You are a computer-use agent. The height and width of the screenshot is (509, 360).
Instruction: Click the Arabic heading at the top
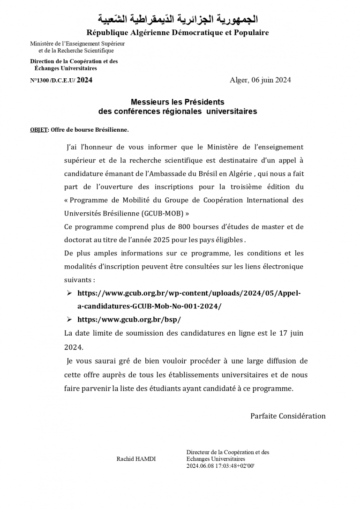click(178, 19)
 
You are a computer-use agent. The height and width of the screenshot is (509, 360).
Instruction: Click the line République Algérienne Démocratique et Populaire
click(178, 33)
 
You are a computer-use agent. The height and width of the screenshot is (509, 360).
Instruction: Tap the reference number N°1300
click(39, 80)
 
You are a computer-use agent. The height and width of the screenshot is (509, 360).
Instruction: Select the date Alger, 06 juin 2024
click(260, 80)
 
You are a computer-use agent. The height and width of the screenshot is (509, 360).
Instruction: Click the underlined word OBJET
click(38, 130)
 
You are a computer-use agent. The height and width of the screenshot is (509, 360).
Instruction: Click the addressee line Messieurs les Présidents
click(178, 102)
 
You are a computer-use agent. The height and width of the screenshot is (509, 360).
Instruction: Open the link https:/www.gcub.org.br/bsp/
click(129, 320)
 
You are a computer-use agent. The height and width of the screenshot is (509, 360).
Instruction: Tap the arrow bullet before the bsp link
click(69, 320)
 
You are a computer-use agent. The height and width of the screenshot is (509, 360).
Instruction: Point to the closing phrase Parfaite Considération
click(288, 416)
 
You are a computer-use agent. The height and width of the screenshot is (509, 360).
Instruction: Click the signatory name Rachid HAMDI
click(136, 459)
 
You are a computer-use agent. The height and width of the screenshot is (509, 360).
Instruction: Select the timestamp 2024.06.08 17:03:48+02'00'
click(220, 466)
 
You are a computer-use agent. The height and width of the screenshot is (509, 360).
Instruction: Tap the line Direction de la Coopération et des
click(74, 61)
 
